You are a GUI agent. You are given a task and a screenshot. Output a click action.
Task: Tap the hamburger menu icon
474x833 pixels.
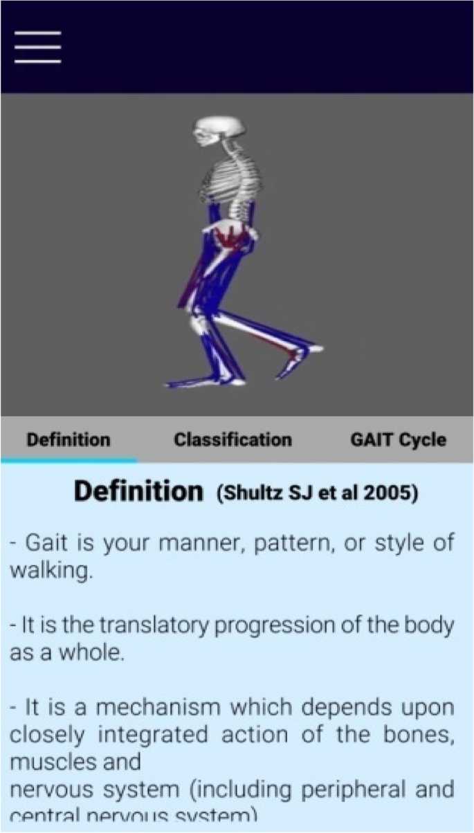pos(37,47)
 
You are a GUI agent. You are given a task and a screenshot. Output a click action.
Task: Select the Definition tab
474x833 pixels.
pos(68,440)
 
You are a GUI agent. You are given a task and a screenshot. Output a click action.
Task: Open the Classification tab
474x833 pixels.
pos(233,440)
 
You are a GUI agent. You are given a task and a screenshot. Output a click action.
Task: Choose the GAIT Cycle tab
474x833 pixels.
pos(397,440)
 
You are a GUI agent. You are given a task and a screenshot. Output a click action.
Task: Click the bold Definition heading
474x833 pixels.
pos(138,492)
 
